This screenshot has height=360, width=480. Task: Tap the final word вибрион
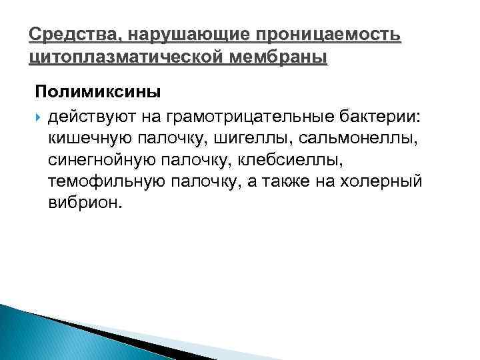[86, 203]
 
